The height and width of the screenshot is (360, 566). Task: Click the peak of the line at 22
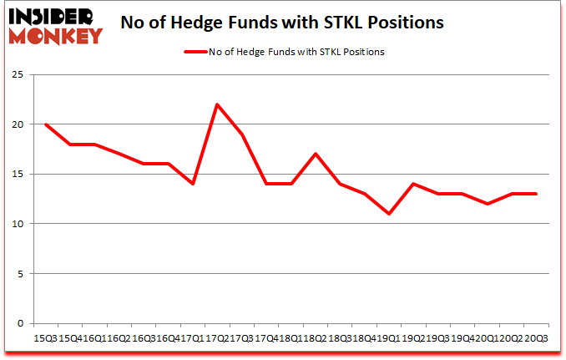(217, 104)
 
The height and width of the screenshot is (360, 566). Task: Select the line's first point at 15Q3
(46, 124)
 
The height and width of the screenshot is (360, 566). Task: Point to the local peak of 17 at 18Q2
(314, 154)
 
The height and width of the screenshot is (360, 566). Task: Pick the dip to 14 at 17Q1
(193, 184)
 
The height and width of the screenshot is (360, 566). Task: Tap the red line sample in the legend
(195, 52)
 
